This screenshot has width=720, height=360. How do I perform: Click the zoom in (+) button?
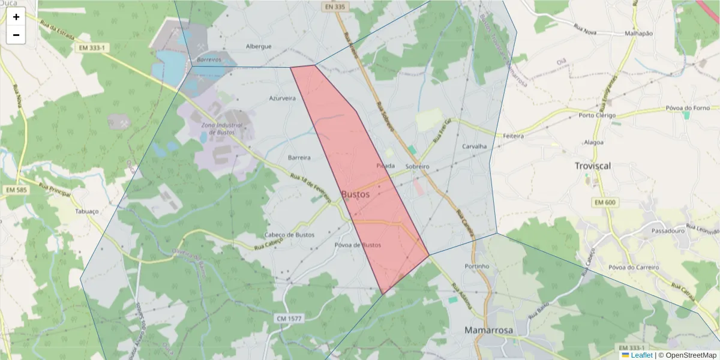[16, 17]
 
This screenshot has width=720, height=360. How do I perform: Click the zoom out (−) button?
[16, 35]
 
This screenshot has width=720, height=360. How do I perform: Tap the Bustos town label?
[355, 194]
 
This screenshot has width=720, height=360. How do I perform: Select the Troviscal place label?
[593, 166]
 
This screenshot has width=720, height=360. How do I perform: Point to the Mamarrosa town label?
[488, 330]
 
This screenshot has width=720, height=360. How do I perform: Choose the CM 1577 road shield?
[290, 317]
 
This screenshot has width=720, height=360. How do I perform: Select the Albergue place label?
[259, 46]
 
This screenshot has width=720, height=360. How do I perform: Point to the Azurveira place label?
[282, 98]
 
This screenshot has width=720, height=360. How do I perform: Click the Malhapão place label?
[638, 34]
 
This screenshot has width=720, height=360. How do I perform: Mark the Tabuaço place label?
[86, 211]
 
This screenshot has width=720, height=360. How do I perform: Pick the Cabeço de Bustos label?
[289, 235]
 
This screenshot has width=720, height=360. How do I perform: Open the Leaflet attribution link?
[641, 355]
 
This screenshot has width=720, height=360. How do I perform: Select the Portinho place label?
[477, 266]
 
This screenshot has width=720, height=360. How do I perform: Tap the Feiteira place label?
[514, 136]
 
